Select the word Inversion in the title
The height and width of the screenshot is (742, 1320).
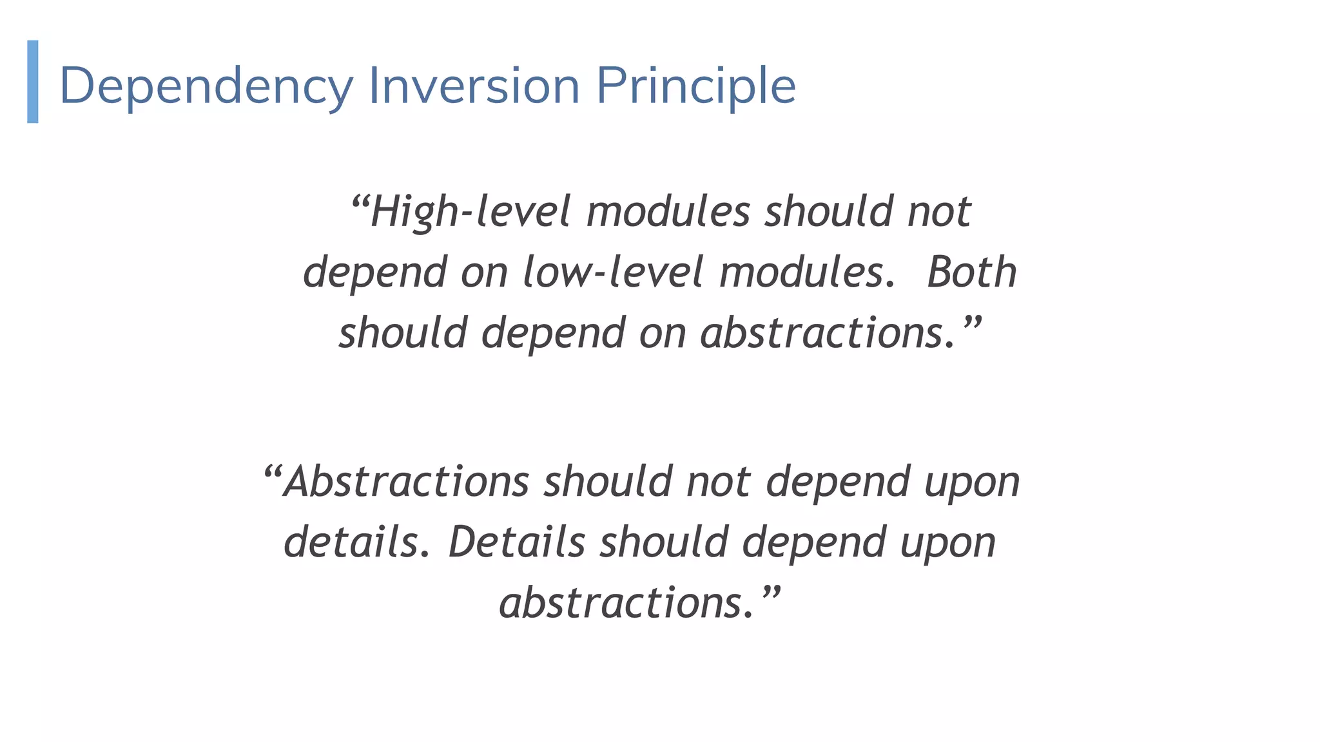pyautogui.click(x=474, y=86)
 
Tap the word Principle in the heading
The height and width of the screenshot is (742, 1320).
pyautogui.click(x=696, y=86)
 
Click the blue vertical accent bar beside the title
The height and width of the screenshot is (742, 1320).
pyautogui.click(x=33, y=81)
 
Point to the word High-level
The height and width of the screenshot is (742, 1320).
pyautogui.click(x=471, y=212)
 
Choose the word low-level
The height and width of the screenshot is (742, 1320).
pyautogui.click(x=612, y=272)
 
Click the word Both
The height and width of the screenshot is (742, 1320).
pyautogui.click(x=971, y=272)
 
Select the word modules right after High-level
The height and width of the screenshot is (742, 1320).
pyautogui.click(x=668, y=212)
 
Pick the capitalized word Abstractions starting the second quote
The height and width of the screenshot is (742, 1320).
pyautogui.click(x=406, y=482)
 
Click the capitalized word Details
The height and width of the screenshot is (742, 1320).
pyautogui.click(x=516, y=542)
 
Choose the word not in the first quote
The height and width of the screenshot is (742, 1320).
pyautogui.click(x=939, y=212)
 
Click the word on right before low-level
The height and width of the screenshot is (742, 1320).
pyautogui.click(x=484, y=272)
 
